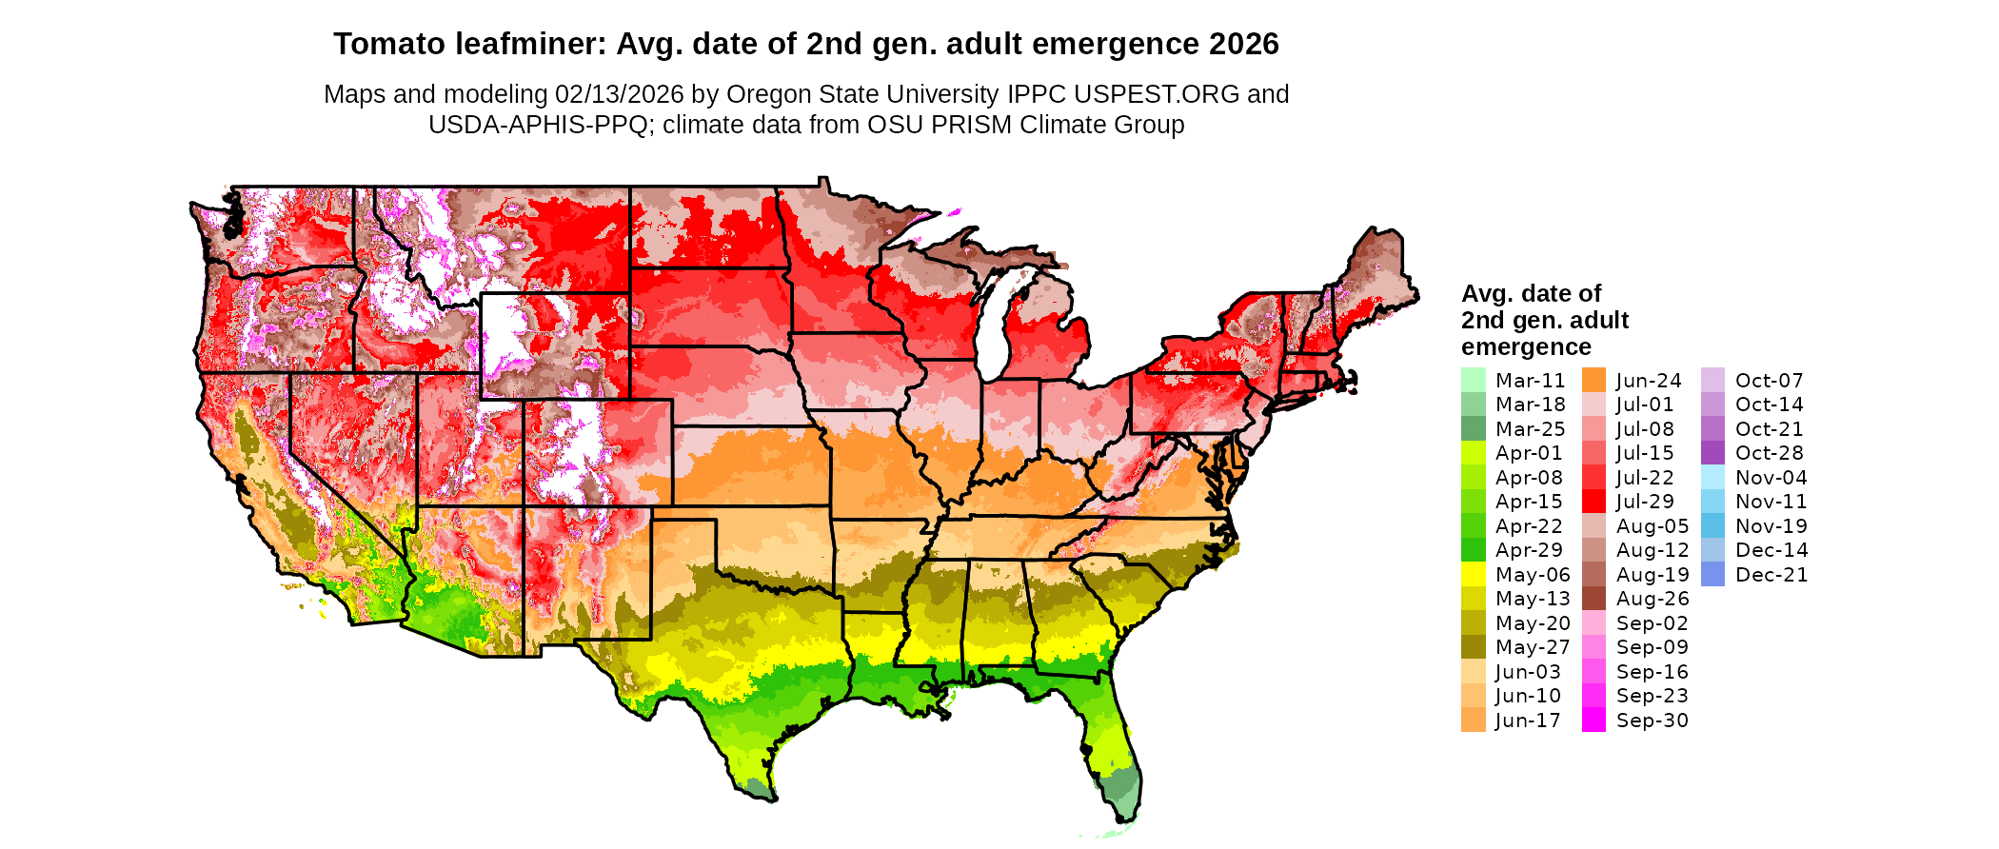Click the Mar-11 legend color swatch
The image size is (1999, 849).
click(x=1473, y=380)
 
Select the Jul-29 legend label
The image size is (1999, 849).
click(x=1645, y=502)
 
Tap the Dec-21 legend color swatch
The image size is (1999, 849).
click(x=1712, y=574)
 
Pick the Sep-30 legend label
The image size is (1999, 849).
click(x=1652, y=721)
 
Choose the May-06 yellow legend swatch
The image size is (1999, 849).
click(x=1473, y=574)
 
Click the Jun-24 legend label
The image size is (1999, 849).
click(x=1648, y=381)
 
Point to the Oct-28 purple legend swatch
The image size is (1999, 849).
click(x=1712, y=453)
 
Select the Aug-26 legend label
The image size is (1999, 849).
click(x=1652, y=599)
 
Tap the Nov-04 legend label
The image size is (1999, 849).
click(x=1771, y=478)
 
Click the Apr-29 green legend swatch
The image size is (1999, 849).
click(x=1473, y=550)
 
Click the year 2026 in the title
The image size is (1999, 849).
click(x=1243, y=44)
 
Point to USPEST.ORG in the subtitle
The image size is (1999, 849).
click(x=1157, y=94)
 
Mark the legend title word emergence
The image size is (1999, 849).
click(x=1526, y=347)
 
